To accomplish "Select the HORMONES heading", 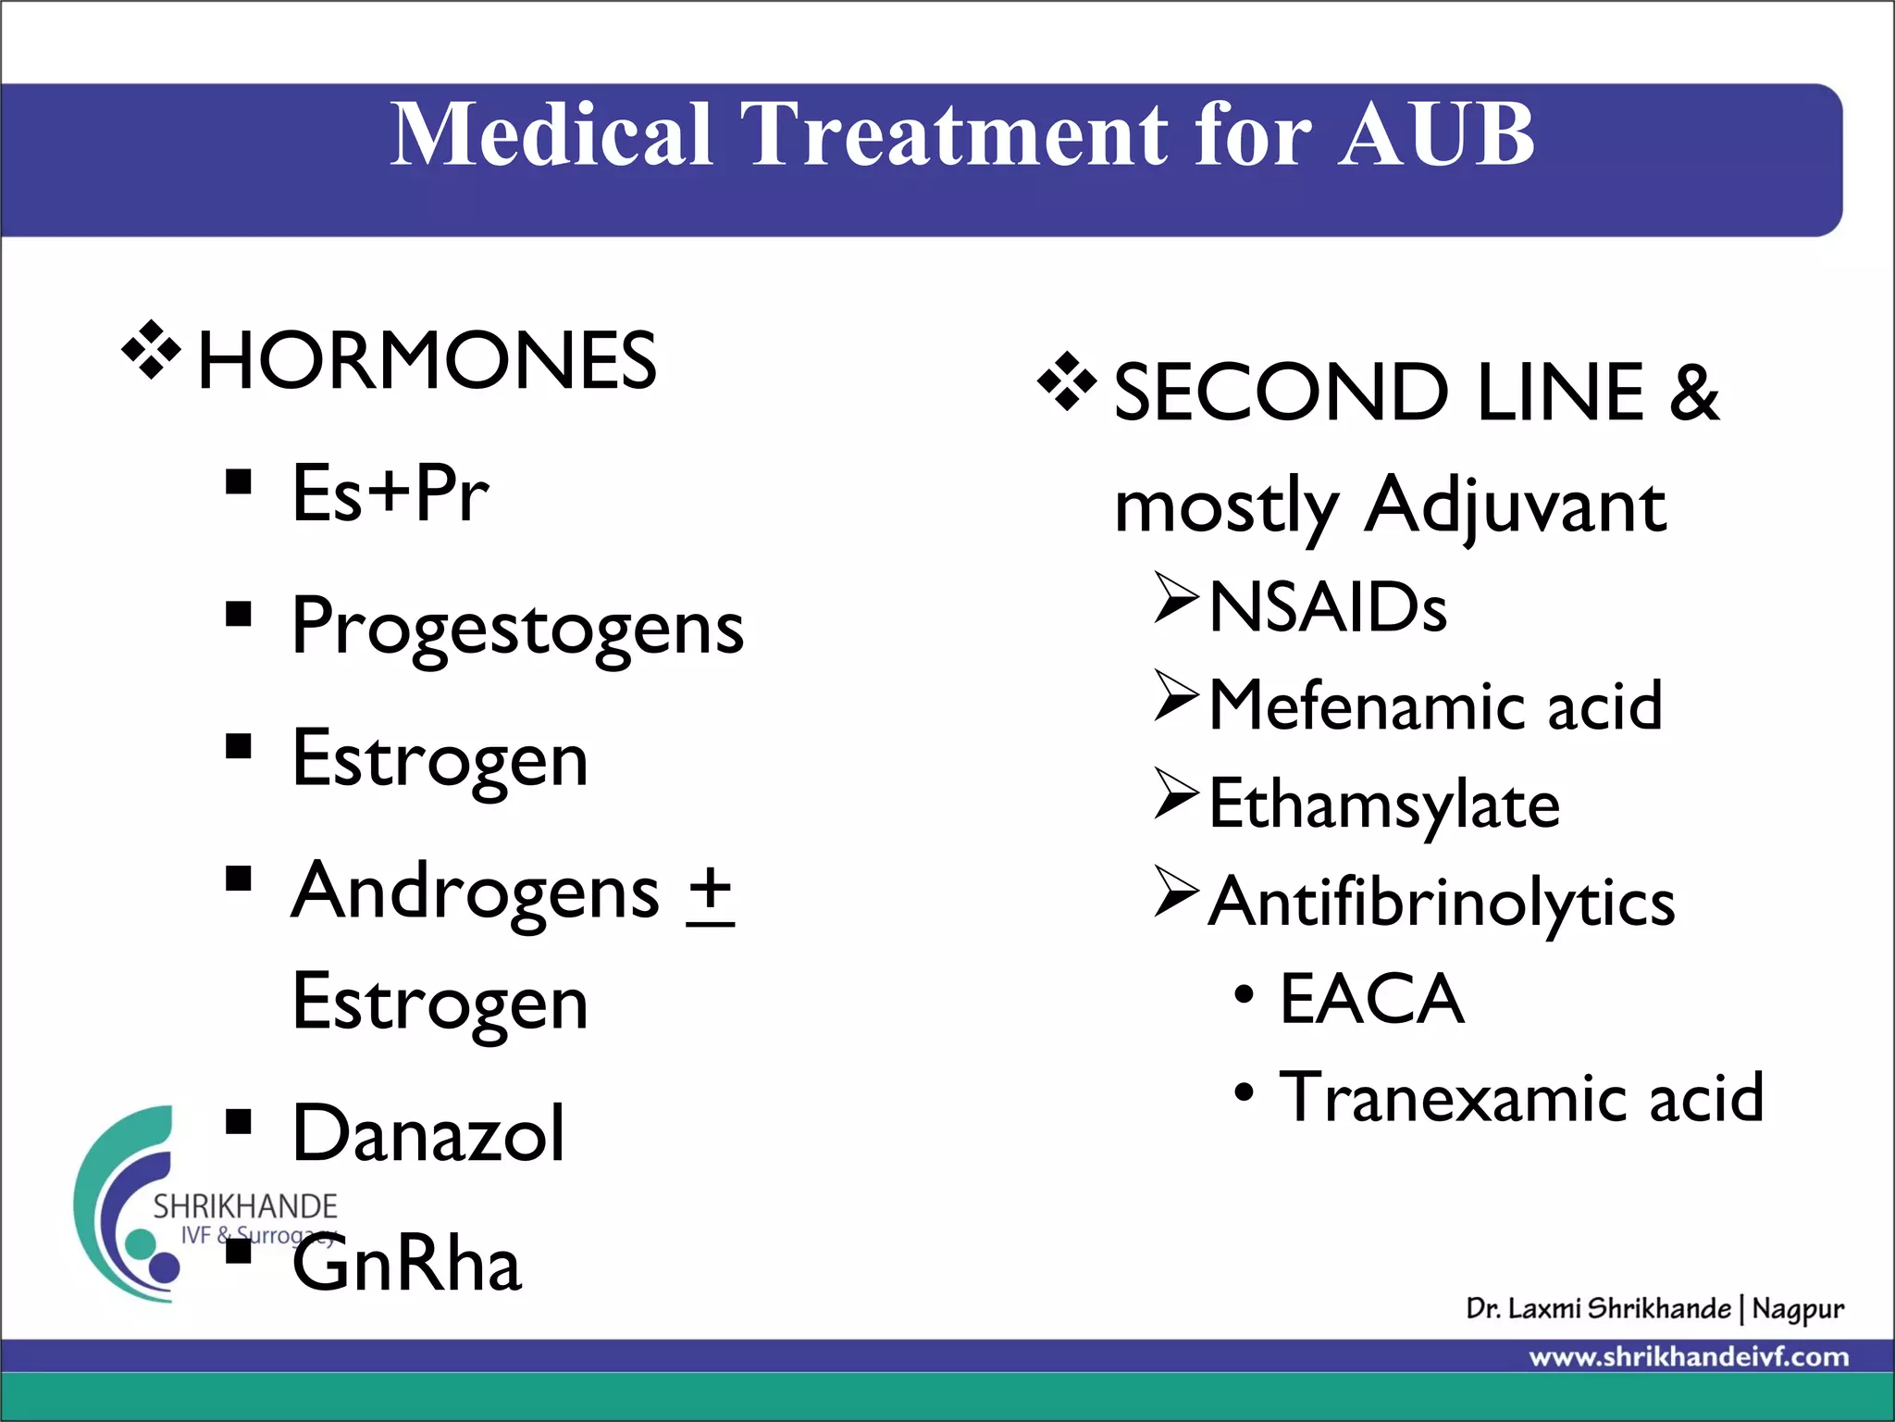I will point(427,361).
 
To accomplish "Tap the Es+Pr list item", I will point(390,493).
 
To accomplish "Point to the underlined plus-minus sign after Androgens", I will point(711,893).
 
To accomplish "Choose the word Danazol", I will point(427,1133).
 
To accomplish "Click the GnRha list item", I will point(406,1265).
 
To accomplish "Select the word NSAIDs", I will point(1327,608).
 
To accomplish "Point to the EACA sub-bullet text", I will point(1371,1000).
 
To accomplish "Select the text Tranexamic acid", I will point(1521,1098).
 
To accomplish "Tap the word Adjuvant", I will point(1515,506).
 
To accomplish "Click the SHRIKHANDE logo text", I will point(245,1206).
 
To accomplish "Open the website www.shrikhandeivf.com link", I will point(1689,1358).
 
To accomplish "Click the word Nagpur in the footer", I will point(1797,1309).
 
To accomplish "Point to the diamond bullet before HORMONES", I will point(151,351).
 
